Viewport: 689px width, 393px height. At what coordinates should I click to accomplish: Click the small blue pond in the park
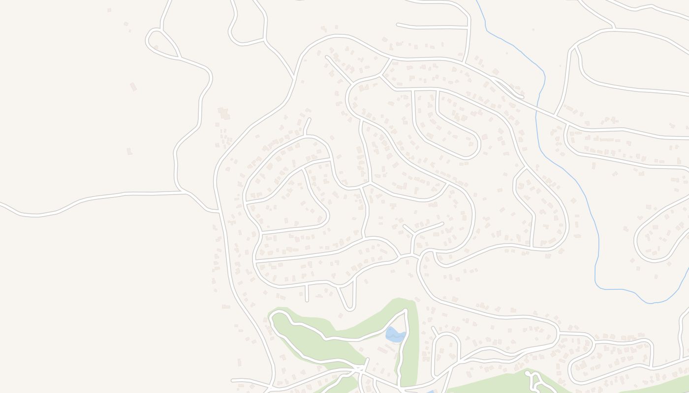[395, 335]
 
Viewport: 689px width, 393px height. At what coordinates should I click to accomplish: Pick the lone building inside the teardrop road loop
[156, 47]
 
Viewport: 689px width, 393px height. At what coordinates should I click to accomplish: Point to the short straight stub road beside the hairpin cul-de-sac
[306, 293]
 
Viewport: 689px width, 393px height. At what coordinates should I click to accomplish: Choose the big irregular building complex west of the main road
[224, 114]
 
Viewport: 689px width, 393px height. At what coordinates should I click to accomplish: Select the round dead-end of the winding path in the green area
[528, 374]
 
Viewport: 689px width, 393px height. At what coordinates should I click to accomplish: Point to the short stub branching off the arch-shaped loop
[434, 330]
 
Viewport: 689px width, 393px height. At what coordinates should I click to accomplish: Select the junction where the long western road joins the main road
[217, 211]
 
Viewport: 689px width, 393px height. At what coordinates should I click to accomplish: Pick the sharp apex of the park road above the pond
[406, 310]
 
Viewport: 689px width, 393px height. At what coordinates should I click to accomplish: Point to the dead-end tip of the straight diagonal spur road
[327, 57]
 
